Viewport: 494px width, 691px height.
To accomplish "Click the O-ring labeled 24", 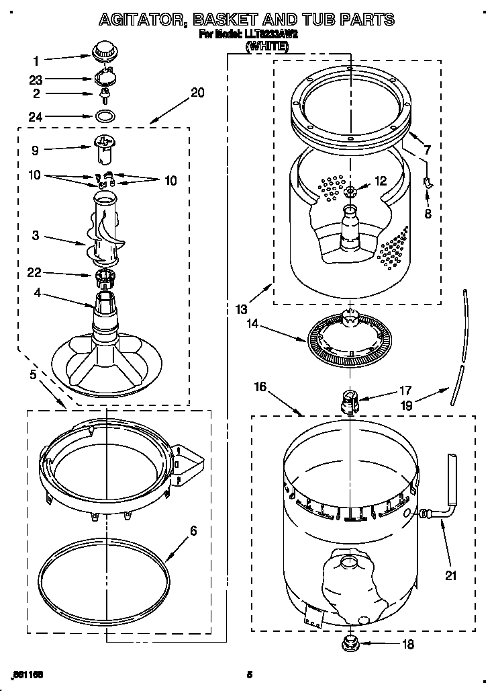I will pos(103,116).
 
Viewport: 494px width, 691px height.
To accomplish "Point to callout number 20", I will pos(197,93).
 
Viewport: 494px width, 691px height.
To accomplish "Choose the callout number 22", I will pos(34,272).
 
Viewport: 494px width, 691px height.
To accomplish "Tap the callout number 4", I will pos(36,292).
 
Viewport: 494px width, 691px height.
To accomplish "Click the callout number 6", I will pos(193,531).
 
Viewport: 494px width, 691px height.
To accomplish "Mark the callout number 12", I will pos(381,180).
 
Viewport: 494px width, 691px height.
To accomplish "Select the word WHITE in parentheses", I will pos(267,46).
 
